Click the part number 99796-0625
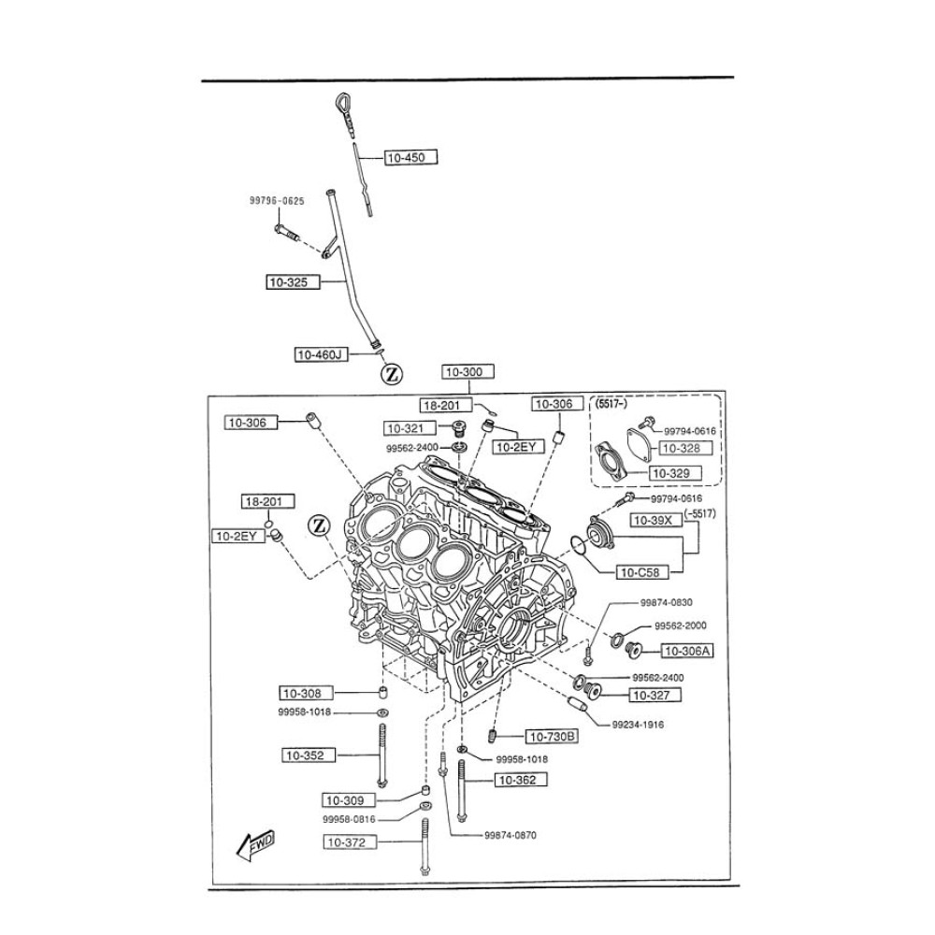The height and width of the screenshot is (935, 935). coord(276,200)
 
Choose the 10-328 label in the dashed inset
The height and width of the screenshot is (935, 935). coord(690,449)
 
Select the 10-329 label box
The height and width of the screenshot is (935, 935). coord(671,473)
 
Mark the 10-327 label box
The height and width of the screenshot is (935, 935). coord(655,695)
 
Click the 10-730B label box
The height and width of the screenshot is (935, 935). coord(551,737)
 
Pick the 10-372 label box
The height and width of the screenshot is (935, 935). coord(352,842)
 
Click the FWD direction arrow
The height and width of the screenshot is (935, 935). coord(255,844)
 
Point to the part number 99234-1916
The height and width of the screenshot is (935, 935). coord(639,724)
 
